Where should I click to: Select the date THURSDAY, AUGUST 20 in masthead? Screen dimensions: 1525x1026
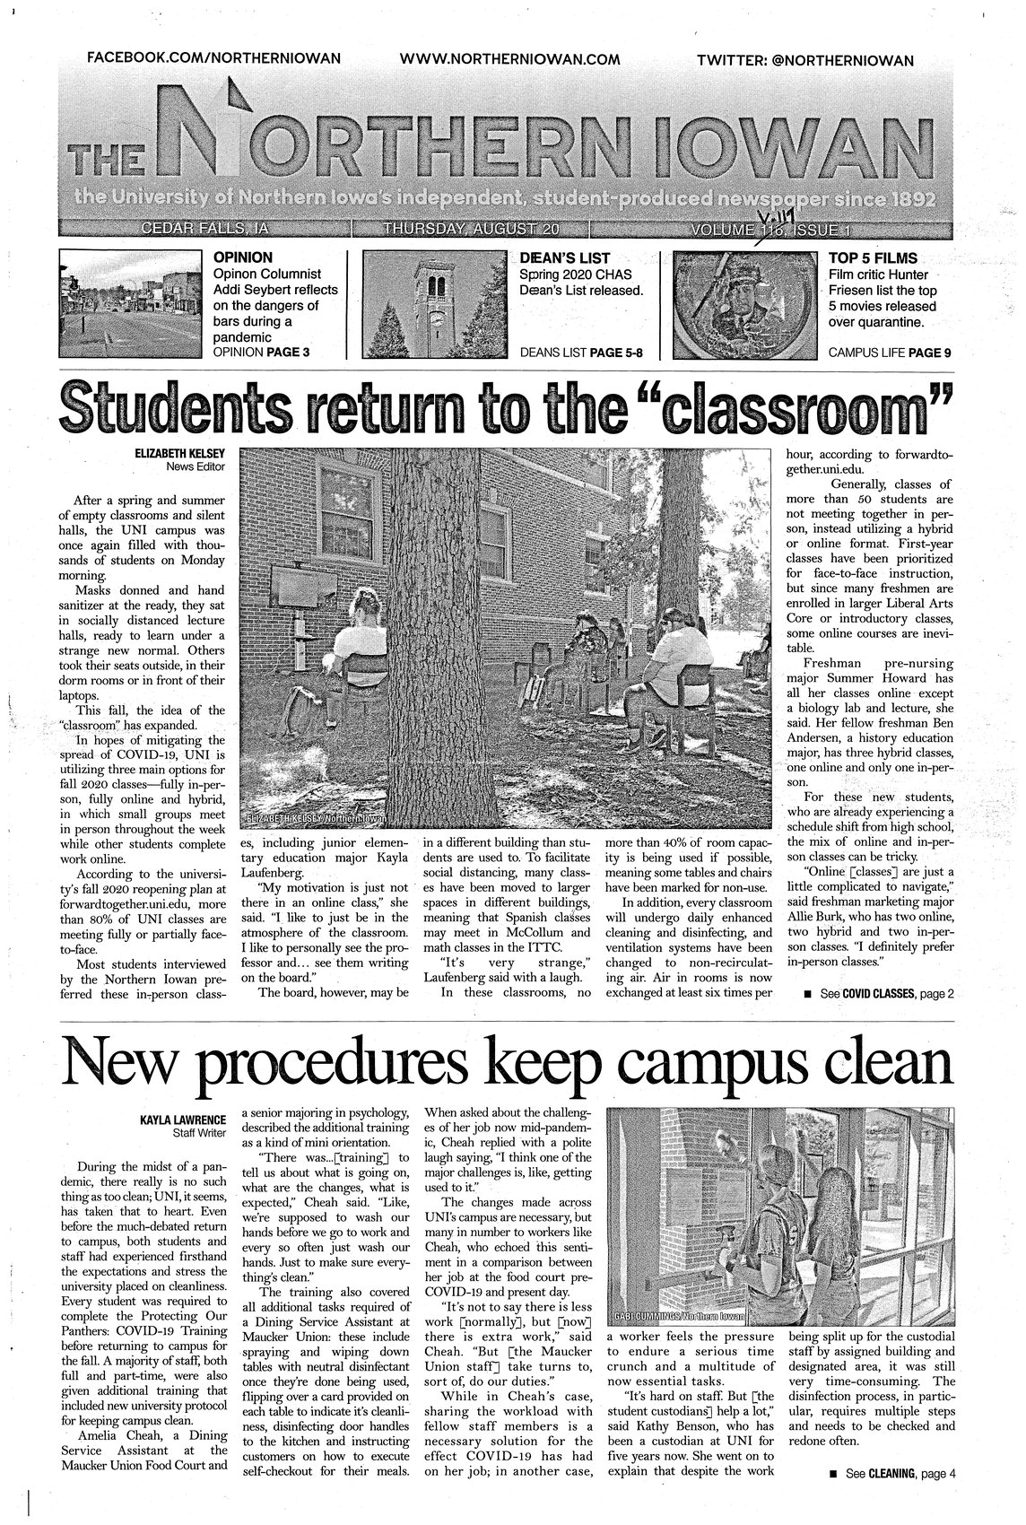(x=470, y=230)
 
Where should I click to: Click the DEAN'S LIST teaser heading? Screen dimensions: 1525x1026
(x=561, y=258)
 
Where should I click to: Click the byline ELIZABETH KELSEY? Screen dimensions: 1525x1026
(x=180, y=455)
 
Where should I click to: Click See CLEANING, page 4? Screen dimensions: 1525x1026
(x=891, y=1473)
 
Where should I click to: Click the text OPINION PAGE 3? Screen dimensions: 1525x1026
(x=261, y=353)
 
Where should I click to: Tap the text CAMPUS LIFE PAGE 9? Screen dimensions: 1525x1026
(x=890, y=353)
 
